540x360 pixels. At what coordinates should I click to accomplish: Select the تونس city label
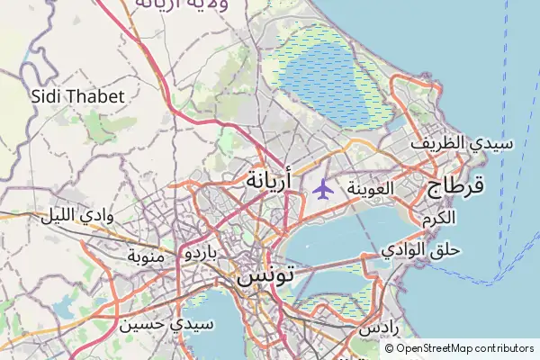click(x=267, y=277)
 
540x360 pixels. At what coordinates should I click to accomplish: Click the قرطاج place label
click(x=454, y=185)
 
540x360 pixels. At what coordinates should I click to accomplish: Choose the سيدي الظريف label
click(x=462, y=143)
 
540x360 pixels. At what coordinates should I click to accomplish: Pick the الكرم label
click(x=437, y=219)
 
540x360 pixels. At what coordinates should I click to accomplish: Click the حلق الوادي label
click(x=420, y=247)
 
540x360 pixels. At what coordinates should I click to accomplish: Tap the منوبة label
click(x=146, y=257)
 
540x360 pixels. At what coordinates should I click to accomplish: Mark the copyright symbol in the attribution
click(x=390, y=348)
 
